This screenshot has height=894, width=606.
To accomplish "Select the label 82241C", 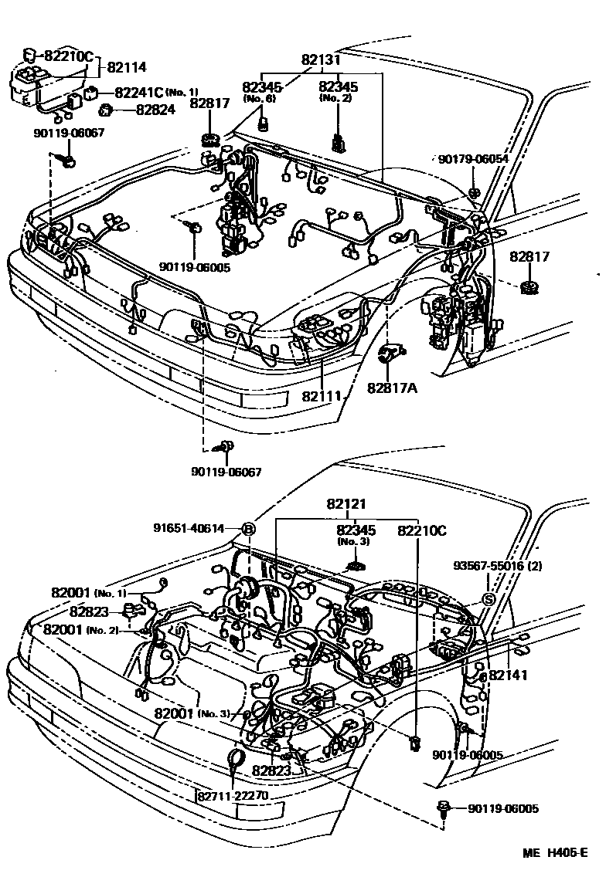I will pyautogui.click(x=138, y=93).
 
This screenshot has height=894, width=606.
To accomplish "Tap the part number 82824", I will pyautogui.click(x=155, y=110).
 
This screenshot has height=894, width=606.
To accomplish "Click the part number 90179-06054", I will pyautogui.click(x=473, y=158).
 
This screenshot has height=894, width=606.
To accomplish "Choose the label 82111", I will pyautogui.click(x=322, y=395).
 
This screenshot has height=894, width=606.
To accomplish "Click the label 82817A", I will pyautogui.click(x=392, y=387).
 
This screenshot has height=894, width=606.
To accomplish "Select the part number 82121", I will pyautogui.click(x=346, y=504).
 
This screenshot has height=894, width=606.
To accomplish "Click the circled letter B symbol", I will pyautogui.click(x=249, y=529).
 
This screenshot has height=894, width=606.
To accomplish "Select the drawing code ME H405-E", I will pyautogui.click(x=554, y=852).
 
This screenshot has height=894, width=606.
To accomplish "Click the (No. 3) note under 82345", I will pyautogui.click(x=356, y=542).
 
